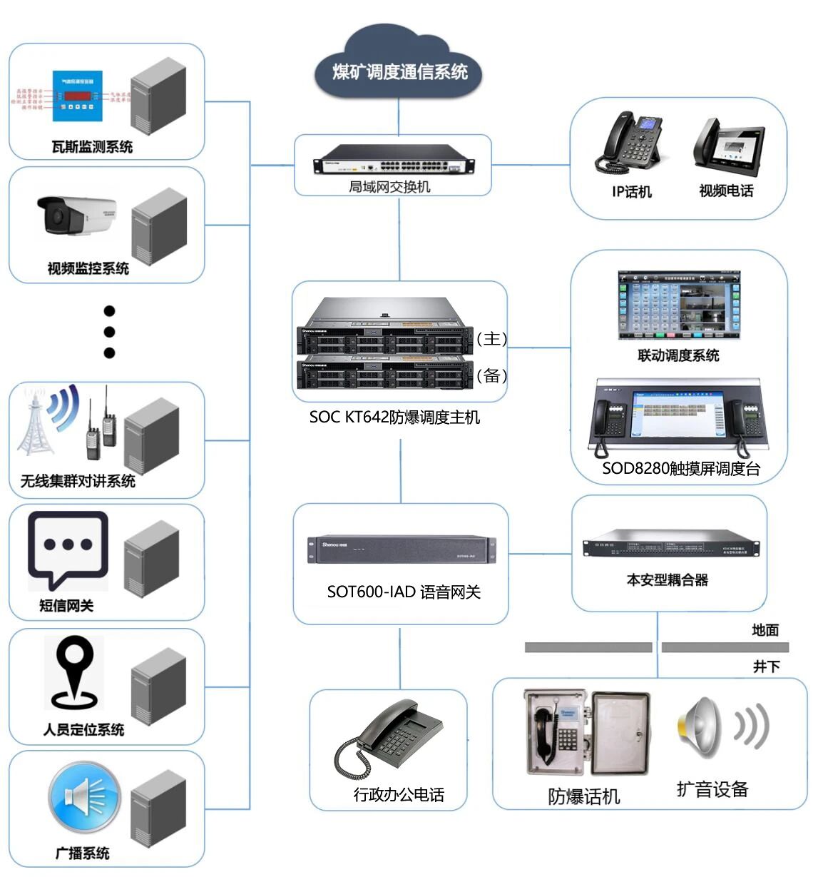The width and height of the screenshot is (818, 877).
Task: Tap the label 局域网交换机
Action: click(389, 187)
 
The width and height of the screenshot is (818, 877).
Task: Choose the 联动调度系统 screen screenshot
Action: click(678, 305)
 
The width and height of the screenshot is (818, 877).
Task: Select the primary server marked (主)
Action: click(385, 336)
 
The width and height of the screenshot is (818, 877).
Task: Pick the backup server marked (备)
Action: click(385, 373)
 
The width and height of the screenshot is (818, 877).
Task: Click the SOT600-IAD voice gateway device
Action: click(400, 549)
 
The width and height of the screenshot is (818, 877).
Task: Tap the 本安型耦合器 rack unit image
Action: click(670, 545)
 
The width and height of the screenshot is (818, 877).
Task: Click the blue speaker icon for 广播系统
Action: click(84, 797)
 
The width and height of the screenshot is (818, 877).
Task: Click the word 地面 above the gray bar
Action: click(765, 630)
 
